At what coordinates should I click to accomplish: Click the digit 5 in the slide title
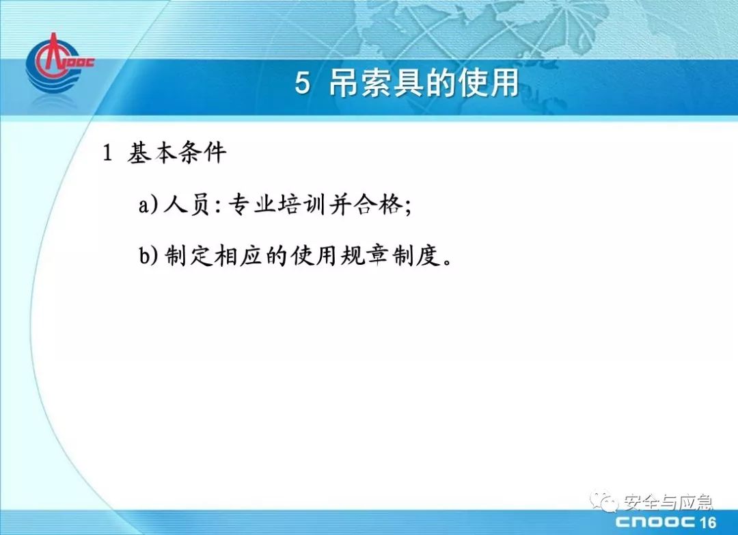pos(303,83)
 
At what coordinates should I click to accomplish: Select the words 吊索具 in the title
pos(375,83)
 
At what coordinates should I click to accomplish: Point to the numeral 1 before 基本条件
pos(107,153)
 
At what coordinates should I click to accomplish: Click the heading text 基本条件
pos(176,153)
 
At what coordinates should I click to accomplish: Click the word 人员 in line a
pos(187,205)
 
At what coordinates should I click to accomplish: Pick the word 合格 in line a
pos(378,205)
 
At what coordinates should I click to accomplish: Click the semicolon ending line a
pos(407,207)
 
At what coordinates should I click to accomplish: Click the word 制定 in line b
pos(189,256)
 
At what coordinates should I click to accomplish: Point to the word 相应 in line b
pos(238,256)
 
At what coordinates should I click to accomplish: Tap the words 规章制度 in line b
pos(390,256)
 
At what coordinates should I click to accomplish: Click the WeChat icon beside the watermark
pos(604,501)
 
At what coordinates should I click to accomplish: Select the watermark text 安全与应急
pos(667,502)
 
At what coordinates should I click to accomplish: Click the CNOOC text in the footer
pos(655,522)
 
